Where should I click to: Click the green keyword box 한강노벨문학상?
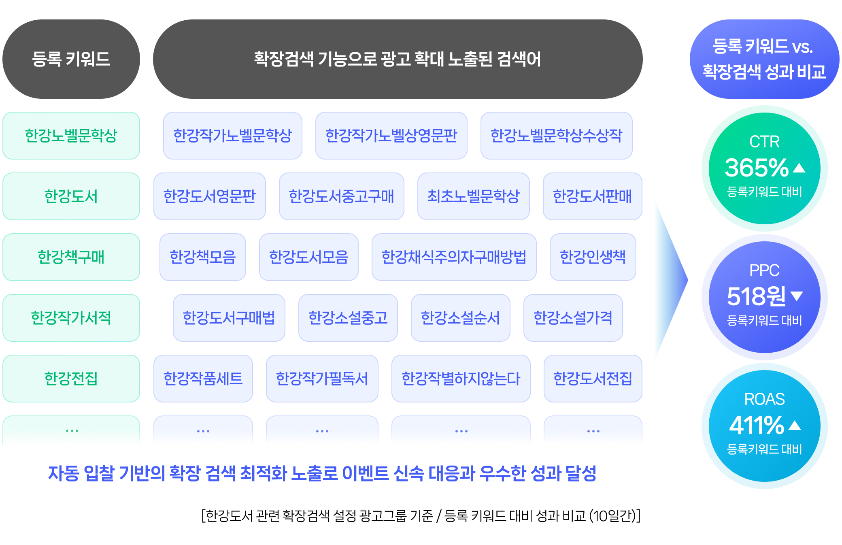71,136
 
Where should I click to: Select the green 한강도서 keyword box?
71,196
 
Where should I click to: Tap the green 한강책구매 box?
71,257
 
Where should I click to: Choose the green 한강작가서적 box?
71,318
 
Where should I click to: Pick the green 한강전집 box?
71,379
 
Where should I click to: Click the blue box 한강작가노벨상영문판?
391,136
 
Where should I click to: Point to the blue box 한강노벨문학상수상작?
556,136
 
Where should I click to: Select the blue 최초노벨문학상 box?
473,196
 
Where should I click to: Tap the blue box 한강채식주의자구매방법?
454,257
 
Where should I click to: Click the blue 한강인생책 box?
593,257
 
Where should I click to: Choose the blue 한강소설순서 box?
460,318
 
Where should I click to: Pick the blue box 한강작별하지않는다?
461,379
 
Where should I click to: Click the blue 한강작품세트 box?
203,379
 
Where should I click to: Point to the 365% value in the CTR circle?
756,168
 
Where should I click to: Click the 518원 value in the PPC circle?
756,296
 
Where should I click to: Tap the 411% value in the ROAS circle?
756,425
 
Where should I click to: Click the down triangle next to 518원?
796,296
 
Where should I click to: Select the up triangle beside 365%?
799,168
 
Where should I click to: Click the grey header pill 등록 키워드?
71,59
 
